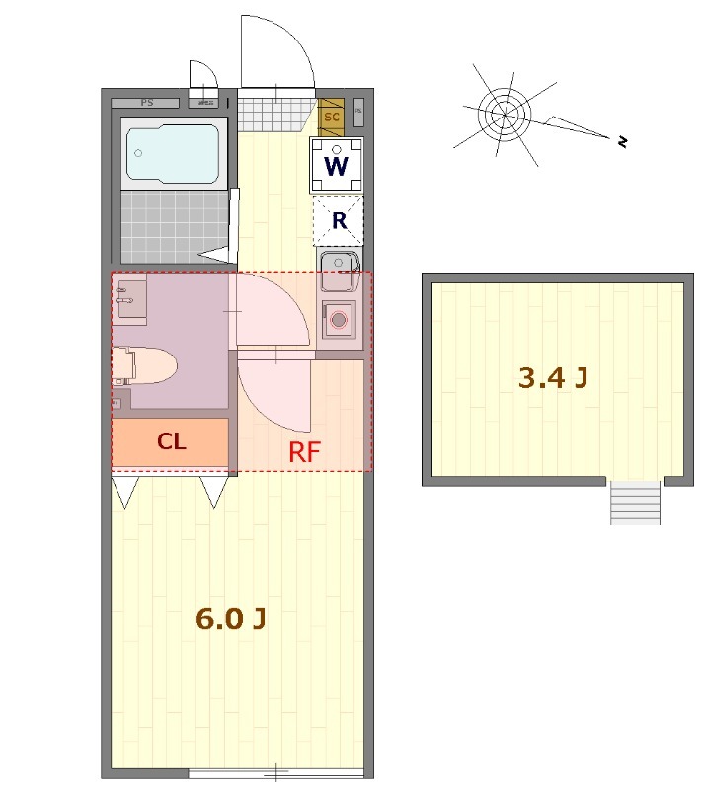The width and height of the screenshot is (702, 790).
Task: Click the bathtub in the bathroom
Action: pos(173,154)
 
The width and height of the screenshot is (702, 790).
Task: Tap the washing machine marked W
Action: pos(337,165)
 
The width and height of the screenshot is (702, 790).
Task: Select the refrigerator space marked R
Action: pos(339,220)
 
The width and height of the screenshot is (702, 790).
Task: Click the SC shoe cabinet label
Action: pos(332,118)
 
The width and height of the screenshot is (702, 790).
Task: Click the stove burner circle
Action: pos(339,319)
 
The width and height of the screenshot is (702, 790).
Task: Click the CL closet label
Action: pos(172,441)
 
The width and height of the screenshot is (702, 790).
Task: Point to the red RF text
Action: pos(305,452)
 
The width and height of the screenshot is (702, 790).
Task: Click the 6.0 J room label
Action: pos(231,619)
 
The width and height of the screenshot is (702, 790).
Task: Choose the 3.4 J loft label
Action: pos(553,377)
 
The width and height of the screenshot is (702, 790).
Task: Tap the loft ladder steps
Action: pos(635,503)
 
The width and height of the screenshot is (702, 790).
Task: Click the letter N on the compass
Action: pos(623,141)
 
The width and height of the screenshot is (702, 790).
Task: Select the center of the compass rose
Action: pos(505,115)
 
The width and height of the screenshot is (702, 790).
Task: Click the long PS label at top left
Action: pos(147,103)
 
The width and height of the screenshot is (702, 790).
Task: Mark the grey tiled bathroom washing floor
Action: pos(175,227)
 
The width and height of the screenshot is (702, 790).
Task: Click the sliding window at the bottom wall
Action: pos(276,772)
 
